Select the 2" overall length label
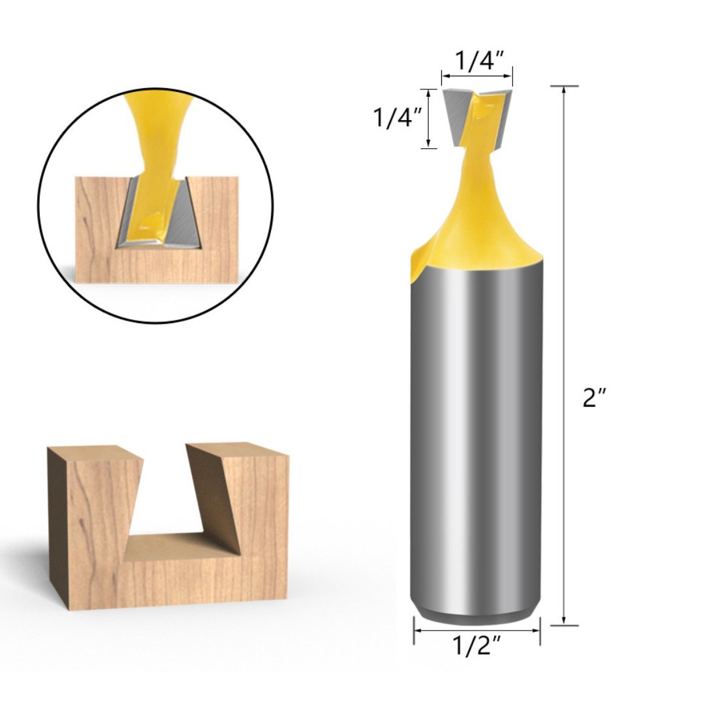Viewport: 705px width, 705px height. pos(595,397)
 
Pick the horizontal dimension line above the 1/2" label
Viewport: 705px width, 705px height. pos(477,631)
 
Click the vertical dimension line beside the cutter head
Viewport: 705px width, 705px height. pos(428,118)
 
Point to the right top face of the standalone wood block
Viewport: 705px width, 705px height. pos(238,448)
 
